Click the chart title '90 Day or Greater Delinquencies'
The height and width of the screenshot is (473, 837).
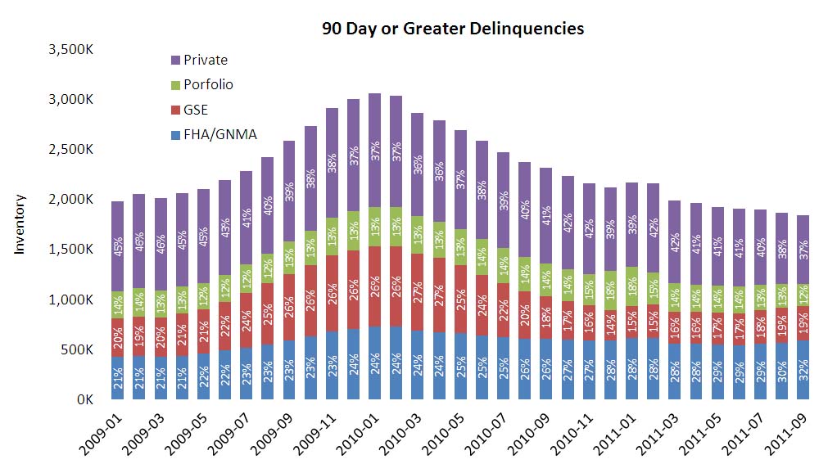452,29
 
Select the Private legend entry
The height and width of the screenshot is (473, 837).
205,60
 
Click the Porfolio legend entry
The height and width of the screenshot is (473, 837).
208,84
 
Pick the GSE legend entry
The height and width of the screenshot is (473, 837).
196,109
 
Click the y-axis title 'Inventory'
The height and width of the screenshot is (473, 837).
20,224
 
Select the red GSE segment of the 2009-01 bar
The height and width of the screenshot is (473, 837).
118,336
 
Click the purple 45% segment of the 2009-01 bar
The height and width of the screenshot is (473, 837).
118,246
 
